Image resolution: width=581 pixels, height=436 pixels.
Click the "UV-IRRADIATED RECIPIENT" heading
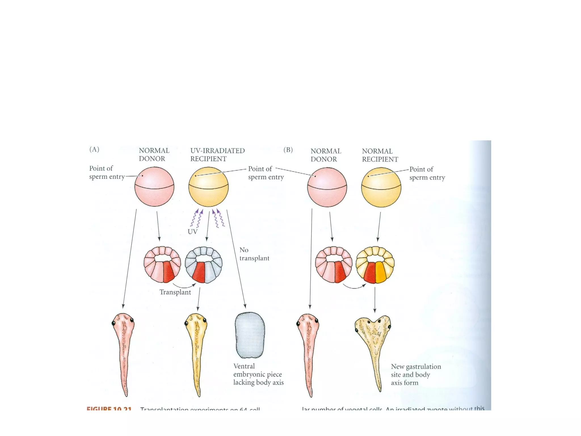pos(217,155)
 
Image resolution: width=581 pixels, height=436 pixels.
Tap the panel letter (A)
pos(94,149)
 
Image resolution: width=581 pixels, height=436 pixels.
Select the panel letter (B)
pos(288,150)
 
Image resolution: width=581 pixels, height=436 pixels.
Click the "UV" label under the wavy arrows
pos(192,232)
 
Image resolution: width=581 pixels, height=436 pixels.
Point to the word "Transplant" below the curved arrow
pos(175,292)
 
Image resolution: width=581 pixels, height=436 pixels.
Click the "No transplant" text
pos(254,254)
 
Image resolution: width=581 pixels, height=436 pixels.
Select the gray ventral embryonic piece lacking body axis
pos(250,335)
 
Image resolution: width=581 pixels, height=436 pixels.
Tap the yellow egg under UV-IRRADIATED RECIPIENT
pos(209,187)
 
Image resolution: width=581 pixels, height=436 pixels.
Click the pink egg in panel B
pos(327,187)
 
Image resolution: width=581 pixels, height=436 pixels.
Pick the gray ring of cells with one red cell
pos(204,265)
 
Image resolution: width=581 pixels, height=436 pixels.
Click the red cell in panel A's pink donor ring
pos(168,272)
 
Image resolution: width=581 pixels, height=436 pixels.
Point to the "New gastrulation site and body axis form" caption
pos(416,375)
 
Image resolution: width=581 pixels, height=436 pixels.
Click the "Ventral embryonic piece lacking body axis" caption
pos(258,374)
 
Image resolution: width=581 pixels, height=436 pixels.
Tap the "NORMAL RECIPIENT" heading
pos(380,155)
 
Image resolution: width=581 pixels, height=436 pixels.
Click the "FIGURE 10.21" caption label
pos(109,409)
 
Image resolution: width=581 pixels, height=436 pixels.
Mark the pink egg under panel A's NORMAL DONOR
pos(154,187)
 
